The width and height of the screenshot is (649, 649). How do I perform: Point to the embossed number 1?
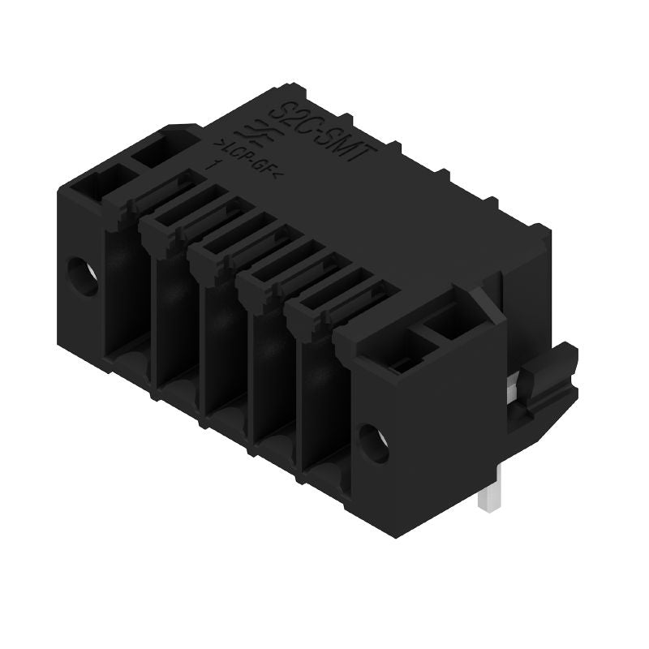pos(216,165)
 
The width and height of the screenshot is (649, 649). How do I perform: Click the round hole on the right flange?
pos(374,443)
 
